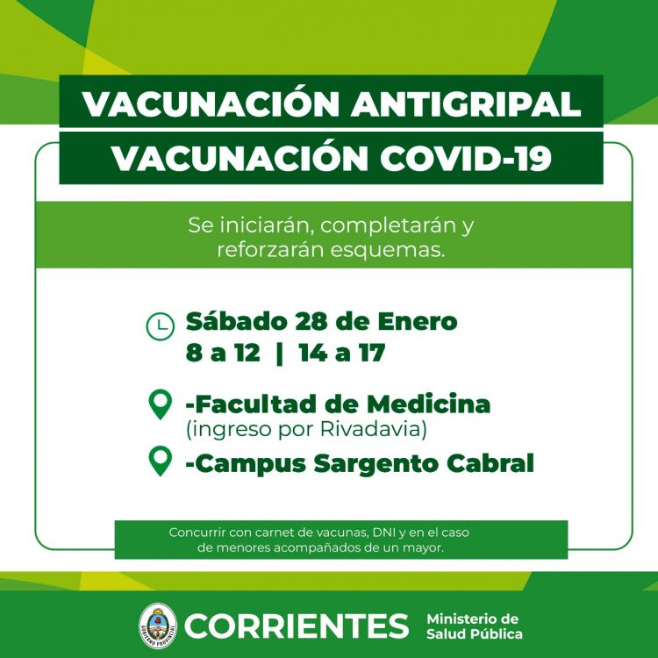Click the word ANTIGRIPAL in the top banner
(x=466, y=104)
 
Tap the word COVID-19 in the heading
(x=465, y=159)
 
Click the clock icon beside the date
(x=160, y=326)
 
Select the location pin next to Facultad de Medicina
(x=161, y=404)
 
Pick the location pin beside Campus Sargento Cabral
(x=161, y=461)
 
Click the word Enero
(x=417, y=322)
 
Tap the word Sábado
(x=236, y=321)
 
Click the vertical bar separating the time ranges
(x=280, y=354)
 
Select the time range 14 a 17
(x=342, y=353)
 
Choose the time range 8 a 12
(x=223, y=353)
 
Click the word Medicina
(x=428, y=404)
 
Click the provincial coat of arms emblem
(x=158, y=626)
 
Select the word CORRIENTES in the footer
(x=297, y=626)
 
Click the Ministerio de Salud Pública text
(x=474, y=626)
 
